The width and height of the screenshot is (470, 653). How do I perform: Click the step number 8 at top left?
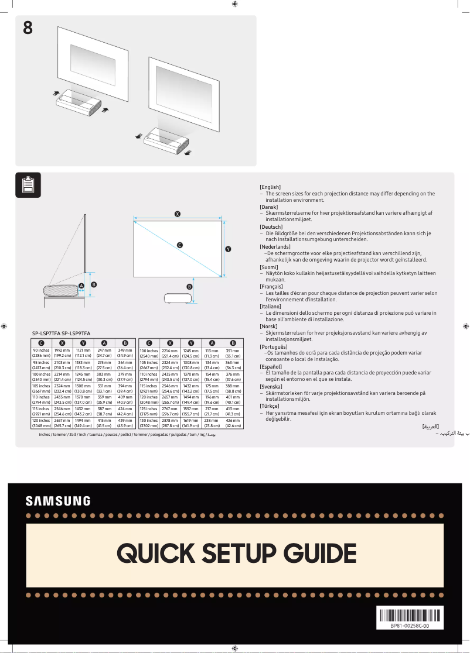(x=28, y=28)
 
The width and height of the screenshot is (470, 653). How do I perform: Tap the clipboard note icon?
(x=28, y=185)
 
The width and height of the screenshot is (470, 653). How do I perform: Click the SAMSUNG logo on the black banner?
(x=58, y=501)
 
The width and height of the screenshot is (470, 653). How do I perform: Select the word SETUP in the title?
(x=239, y=553)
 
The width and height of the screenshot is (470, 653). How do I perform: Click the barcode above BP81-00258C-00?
(x=409, y=616)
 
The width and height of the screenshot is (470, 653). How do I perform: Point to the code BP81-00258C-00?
(x=409, y=626)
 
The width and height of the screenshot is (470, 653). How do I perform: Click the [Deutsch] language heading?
(x=271, y=226)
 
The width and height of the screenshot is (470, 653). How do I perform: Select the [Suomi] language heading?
(x=269, y=267)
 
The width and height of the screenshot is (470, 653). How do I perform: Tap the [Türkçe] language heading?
(x=270, y=405)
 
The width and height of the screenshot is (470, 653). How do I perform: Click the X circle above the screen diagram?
(x=178, y=214)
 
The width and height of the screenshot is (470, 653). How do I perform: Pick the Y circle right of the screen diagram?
(x=228, y=249)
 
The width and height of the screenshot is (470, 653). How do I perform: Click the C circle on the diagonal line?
(x=179, y=245)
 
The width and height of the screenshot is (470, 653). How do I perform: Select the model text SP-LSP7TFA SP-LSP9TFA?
(x=61, y=333)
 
